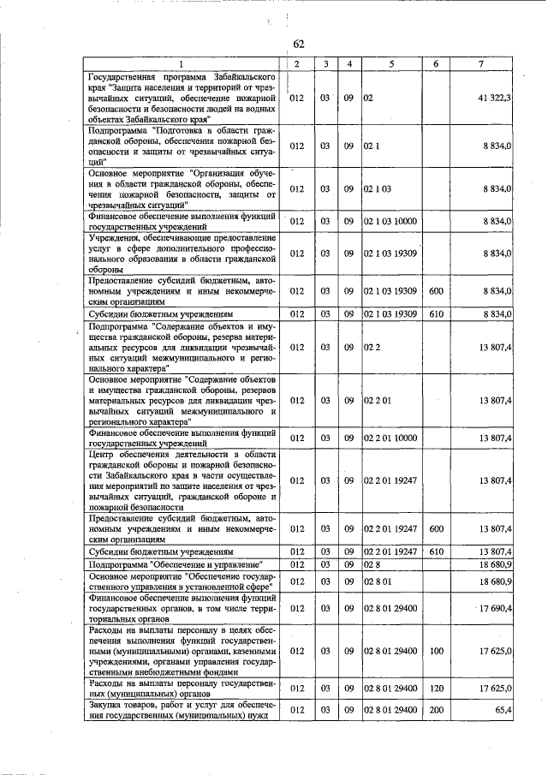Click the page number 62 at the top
pyautogui.click(x=299, y=45)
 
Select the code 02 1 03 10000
pyautogui.click(x=390, y=221)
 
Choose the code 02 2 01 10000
pyautogui.click(x=390, y=438)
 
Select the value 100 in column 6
pyautogui.click(x=437, y=651)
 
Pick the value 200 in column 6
pyautogui.click(x=437, y=710)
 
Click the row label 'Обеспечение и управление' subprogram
pyautogui.click(x=176, y=564)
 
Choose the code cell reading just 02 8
pyautogui.click(x=371, y=564)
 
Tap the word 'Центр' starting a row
pyautogui.click(x=101, y=453)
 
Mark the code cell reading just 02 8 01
pyautogui.click(x=377, y=582)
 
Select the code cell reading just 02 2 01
pyautogui.click(x=377, y=399)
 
